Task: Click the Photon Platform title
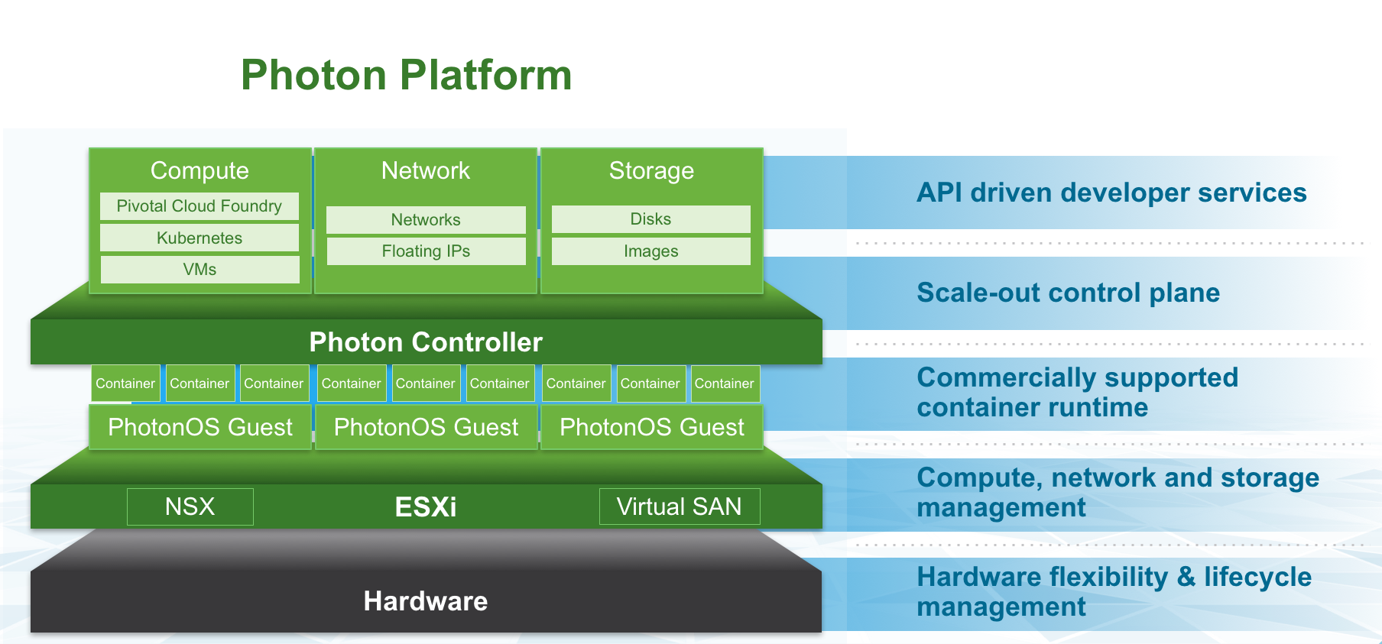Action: coord(406,75)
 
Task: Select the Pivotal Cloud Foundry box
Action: coord(200,206)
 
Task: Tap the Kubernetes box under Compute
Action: coord(200,238)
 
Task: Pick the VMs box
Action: coord(200,270)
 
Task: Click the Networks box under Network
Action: coord(426,220)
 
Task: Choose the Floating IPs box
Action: coord(426,251)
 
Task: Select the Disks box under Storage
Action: coord(650,219)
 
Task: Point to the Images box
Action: coord(650,251)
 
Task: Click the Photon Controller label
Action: coord(426,342)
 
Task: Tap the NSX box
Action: coord(190,506)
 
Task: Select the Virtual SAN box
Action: coord(679,506)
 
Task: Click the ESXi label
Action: coord(426,507)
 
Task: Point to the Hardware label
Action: coord(426,601)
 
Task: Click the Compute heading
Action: coord(200,170)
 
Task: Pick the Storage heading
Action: coord(651,170)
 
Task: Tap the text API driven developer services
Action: coord(1111,193)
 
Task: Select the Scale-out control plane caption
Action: coord(1068,293)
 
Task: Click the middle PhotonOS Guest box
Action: coord(426,427)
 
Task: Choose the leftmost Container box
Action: coord(125,383)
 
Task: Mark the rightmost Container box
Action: coord(724,383)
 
